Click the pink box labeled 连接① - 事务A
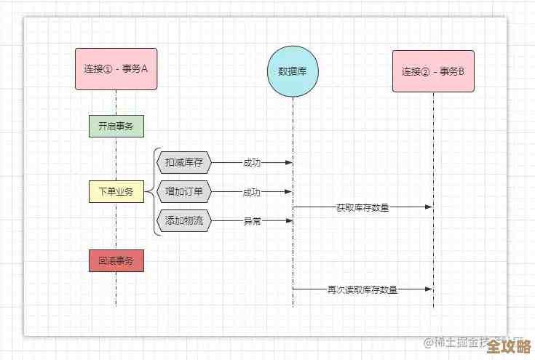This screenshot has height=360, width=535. [116, 69]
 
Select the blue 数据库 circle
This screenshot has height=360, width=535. [293, 71]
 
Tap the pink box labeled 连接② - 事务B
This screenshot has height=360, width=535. [433, 71]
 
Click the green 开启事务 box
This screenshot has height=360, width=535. [116, 127]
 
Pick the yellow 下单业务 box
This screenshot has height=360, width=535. [116, 192]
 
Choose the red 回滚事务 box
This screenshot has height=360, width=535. [116, 260]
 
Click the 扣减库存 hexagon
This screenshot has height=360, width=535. [183, 162]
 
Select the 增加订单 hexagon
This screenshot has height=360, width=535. [183, 192]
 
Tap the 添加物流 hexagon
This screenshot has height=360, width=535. [183, 221]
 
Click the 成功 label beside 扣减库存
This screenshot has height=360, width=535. [252, 163]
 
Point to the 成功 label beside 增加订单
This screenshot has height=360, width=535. [252, 192]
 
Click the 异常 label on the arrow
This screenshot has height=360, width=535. [252, 221]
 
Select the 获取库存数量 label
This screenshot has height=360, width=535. [362, 207]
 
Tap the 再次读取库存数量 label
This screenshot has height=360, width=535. [362, 289]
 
